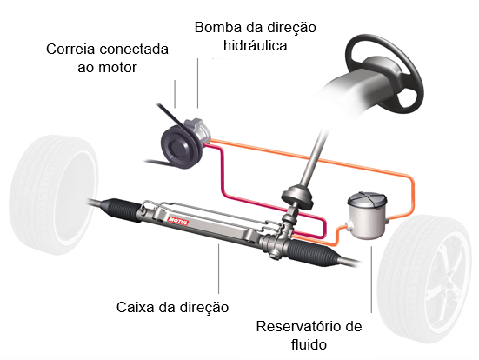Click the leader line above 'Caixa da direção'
[x=217, y=270]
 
